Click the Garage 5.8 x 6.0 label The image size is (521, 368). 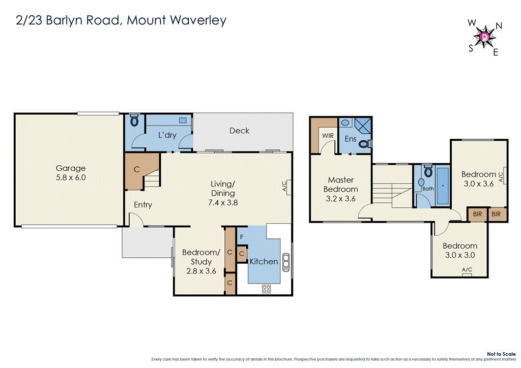pos(71,173)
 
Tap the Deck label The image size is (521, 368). pos(239,131)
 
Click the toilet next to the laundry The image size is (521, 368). pos(135,121)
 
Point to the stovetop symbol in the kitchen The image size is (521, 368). pos(266,289)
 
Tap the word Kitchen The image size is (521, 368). pos(264,261)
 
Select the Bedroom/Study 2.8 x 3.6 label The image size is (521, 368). pos(201,261)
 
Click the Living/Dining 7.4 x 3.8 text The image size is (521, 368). pos(223,193)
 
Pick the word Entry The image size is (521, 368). pos(143,205)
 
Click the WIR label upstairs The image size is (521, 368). pos(327,136)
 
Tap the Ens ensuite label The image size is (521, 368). pos(351,139)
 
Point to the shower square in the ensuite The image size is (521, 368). pos(363,125)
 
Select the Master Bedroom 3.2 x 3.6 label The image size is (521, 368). pos(340,189)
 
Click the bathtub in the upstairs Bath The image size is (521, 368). pos(442,186)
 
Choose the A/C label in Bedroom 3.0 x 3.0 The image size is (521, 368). pos(467,270)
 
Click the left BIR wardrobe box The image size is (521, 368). pos(477,214)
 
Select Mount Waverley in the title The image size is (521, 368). pos(177,20)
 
